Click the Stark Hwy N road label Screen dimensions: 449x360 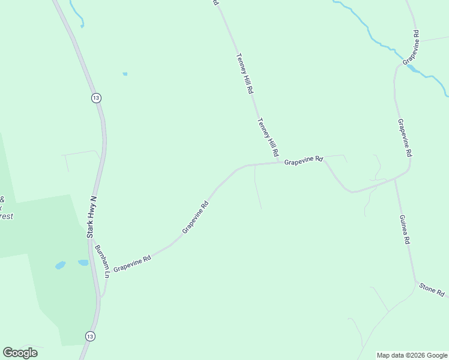92,217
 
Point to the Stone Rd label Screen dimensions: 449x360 432,290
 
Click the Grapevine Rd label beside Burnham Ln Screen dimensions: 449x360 132,263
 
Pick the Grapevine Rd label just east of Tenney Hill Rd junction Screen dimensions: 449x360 304,161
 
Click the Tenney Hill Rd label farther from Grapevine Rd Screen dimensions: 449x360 245,74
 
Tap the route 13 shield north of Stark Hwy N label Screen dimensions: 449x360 96,98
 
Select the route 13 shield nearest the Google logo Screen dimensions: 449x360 89,335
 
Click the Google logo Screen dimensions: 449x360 20,353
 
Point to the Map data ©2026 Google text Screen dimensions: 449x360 412,355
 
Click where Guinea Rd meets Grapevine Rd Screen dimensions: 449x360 394,178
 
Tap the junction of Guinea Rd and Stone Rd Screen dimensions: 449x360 415,281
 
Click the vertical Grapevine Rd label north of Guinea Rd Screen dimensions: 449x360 405,137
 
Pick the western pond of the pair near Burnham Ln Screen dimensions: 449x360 60,265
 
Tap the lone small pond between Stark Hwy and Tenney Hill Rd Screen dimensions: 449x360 125,74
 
